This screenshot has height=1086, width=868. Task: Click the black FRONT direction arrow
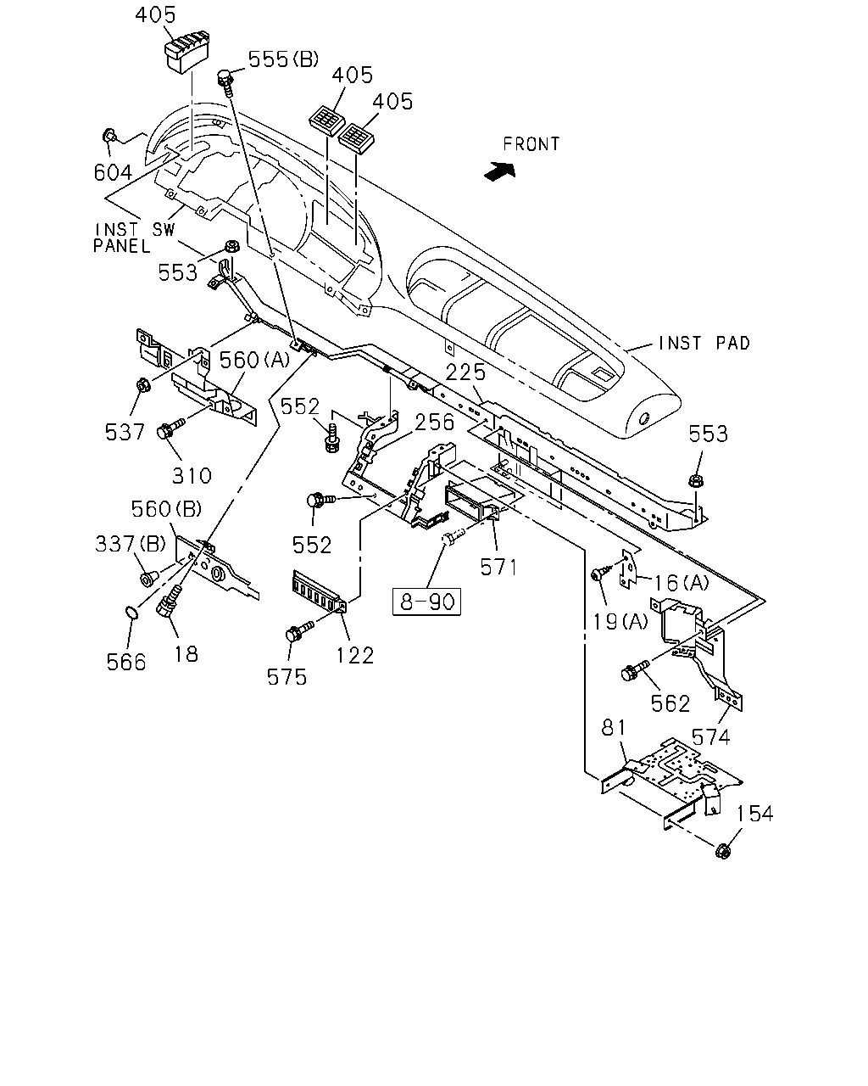pos(500,171)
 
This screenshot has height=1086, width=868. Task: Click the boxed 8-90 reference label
pos(426,602)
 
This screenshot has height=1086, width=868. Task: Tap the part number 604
pos(113,172)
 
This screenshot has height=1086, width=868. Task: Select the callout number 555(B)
pos(284,59)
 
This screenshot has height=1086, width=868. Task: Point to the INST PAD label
pos(704,343)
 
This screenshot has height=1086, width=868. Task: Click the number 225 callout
pos(465,372)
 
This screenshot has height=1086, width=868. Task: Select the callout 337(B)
pos(131,544)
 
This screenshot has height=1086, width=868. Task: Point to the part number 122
pos(355,656)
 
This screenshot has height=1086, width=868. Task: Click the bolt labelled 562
pos(636,669)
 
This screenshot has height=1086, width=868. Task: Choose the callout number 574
pos(710,737)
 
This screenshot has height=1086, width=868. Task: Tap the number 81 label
pos(614,728)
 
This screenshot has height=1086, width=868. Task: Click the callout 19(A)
pos(620,622)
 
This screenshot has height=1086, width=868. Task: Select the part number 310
pos(192,475)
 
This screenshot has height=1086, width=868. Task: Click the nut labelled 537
pos(142,386)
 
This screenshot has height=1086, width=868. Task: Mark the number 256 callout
pos(434,422)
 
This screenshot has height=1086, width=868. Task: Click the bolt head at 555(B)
pos(224,78)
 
